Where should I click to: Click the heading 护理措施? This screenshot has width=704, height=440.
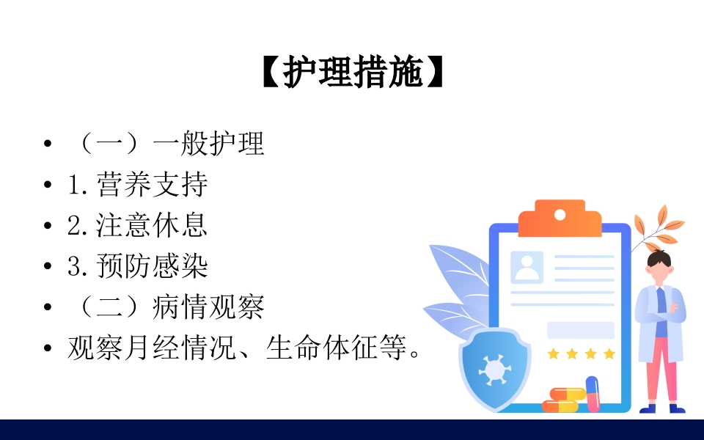point(353,73)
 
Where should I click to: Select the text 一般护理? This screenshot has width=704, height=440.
point(209,144)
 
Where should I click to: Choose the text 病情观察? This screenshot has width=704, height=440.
point(209,307)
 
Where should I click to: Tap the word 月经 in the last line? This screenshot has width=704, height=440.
point(139,348)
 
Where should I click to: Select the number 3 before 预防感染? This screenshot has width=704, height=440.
point(75,267)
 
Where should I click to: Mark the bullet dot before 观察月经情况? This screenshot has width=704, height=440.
point(48,348)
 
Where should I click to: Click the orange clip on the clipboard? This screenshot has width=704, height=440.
point(560,218)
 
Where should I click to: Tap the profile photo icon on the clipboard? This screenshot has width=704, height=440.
point(527,268)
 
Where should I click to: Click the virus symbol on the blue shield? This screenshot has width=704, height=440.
point(494,367)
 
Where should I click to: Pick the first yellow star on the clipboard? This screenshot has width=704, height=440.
point(553,354)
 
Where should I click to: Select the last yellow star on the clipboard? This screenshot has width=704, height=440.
point(609,354)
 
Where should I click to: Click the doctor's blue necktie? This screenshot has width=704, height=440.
point(661,300)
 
